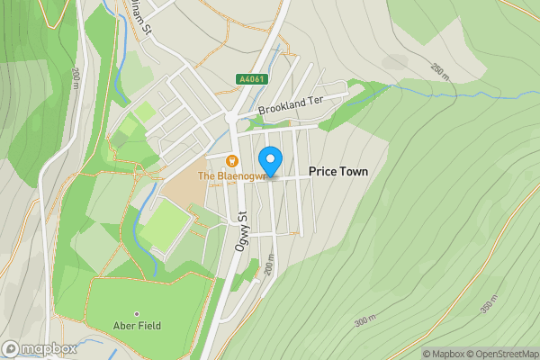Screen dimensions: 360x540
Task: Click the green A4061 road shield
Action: [253, 79]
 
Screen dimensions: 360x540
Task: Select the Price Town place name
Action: [337, 171]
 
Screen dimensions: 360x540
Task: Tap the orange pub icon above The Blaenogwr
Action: [231, 161]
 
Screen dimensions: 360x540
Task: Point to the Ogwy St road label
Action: [242, 229]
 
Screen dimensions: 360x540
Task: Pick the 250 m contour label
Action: [439, 70]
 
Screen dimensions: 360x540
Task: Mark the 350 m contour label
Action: [490, 304]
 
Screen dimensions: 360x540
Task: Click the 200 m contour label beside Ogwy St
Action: [268, 264]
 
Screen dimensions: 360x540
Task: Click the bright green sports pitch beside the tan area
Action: [165, 226]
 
